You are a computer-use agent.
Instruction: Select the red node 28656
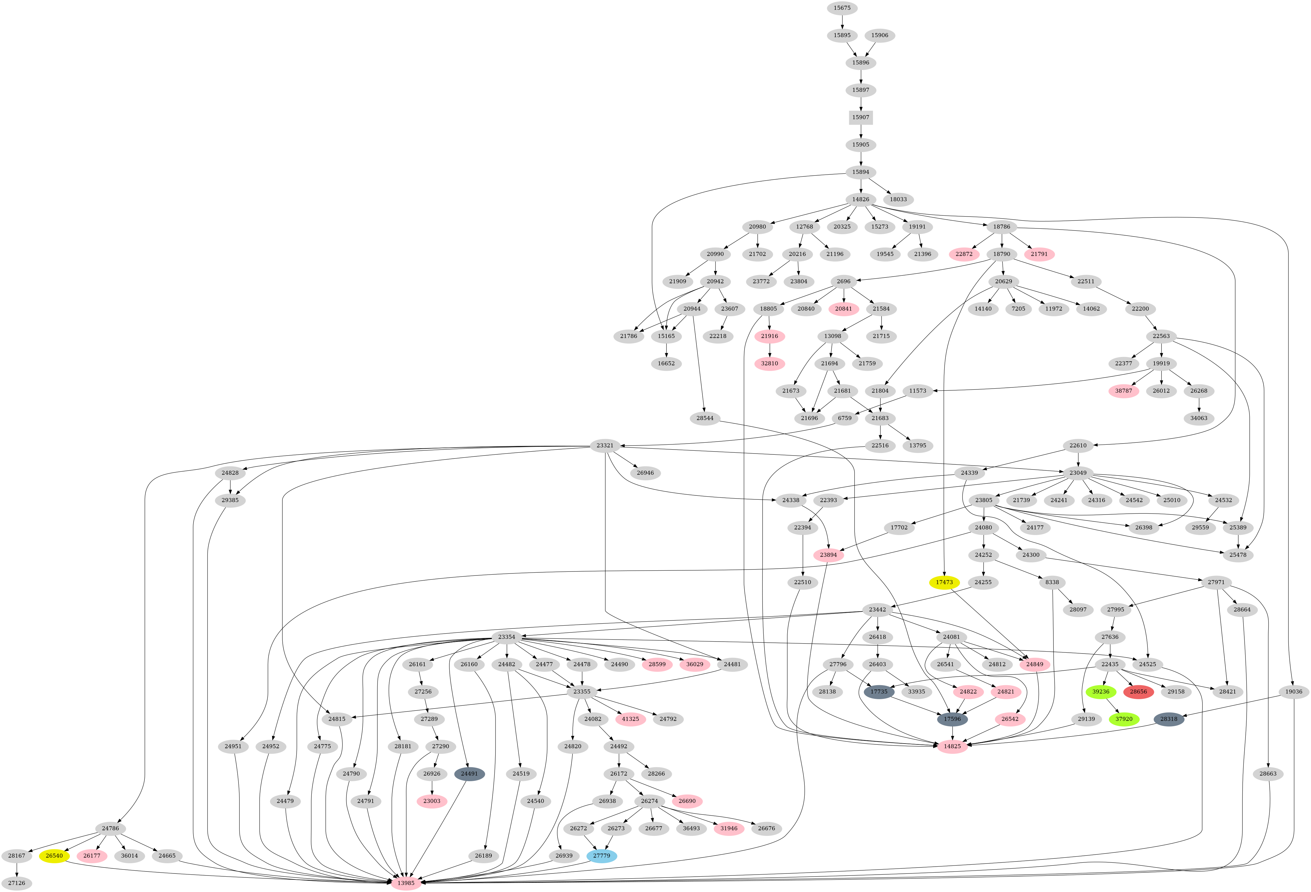point(1138,692)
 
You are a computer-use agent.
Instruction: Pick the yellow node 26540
point(54,856)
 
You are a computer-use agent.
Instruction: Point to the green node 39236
point(1101,692)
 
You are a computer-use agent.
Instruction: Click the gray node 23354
point(507,637)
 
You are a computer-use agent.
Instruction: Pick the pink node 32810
point(769,363)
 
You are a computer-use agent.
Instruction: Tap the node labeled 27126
point(16,883)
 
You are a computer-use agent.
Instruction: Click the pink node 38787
point(1123,391)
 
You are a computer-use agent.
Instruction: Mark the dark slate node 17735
point(879,692)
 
